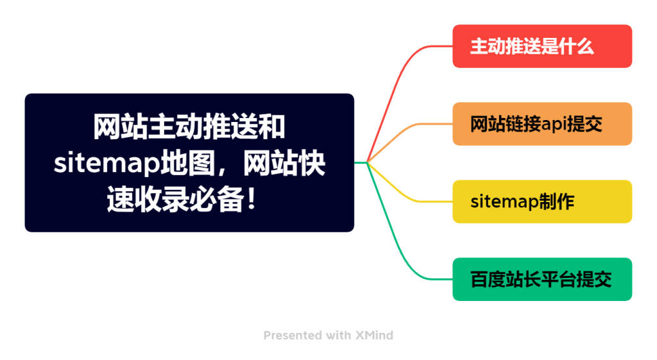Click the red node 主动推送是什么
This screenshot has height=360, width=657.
click(542, 46)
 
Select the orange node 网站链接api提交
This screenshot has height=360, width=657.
click(542, 124)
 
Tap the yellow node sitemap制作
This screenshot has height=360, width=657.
click(542, 201)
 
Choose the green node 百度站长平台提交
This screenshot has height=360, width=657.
click(542, 279)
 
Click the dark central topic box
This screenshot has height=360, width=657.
click(189, 162)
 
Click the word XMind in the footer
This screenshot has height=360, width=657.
click(374, 335)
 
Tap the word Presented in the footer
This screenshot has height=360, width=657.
click(293, 335)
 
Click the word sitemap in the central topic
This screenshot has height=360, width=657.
click(107, 164)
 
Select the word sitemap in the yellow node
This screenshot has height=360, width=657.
click(499, 202)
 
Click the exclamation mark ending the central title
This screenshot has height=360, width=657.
click(252, 199)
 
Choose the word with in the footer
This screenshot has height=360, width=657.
click(339, 335)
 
